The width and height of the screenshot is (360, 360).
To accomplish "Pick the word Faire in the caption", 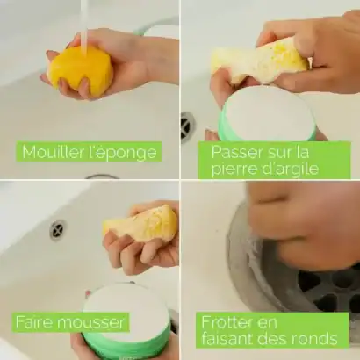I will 34,322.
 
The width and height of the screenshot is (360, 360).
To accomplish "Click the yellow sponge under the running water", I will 80,70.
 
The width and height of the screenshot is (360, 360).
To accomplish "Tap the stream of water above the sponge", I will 84,22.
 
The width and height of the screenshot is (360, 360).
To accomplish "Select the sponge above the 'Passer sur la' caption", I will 260,63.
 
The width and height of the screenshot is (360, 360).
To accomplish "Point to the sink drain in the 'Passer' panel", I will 187,126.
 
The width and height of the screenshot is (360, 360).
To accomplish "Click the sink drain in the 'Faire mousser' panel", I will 57,230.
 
